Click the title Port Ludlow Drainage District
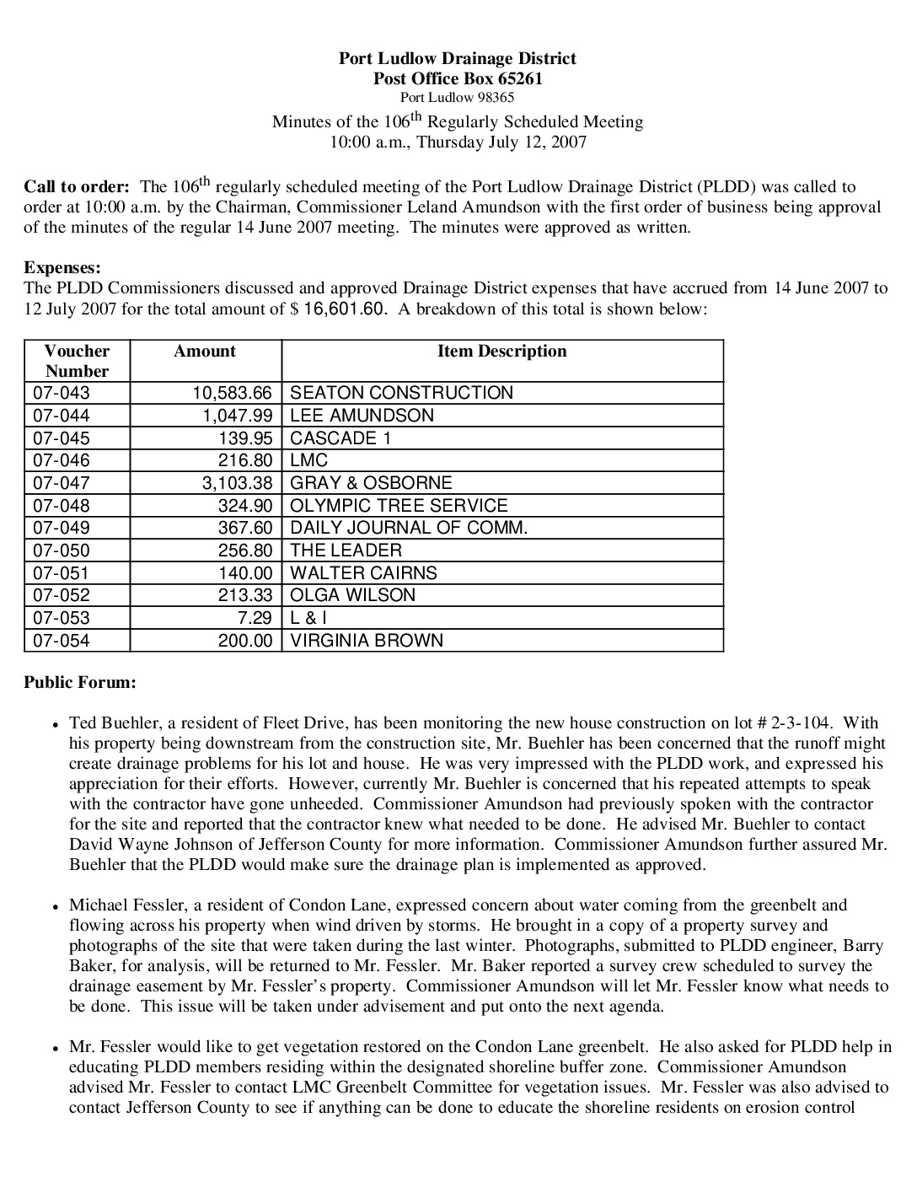pos(457,58)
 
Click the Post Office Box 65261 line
pos(457,79)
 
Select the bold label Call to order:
pos(77,186)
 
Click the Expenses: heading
pos(62,268)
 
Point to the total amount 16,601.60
pos(345,309)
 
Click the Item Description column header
pos(501,352)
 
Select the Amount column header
pos(205,352)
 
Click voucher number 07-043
pos(61,393)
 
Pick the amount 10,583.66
pos(233,393)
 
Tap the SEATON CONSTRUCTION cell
pos(401,393)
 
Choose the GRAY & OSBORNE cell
pos(371,483)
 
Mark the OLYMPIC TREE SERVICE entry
pos(399,506)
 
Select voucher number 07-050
pos(61,551)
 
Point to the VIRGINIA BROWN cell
pos(367,641)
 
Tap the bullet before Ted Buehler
pos(55,724)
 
